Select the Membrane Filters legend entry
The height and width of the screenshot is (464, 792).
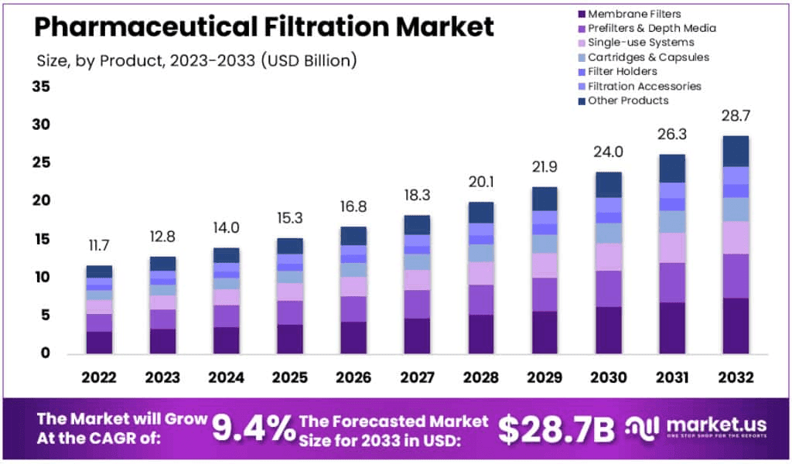point(634,14)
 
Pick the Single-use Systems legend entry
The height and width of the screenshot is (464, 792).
point(640,43)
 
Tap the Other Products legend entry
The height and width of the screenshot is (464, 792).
point(628,101)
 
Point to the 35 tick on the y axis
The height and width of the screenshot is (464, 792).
point(41,87)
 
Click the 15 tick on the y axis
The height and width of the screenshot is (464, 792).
point(41,240)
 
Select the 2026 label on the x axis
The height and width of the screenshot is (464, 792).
point(353,378)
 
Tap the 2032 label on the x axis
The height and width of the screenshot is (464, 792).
point(736,378)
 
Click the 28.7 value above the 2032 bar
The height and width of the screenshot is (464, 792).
point(736,116)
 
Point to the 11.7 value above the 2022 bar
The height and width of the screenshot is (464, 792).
point(99,246)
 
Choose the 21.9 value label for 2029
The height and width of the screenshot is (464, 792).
point(544,167)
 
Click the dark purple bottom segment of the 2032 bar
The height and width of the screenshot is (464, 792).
point(736,326)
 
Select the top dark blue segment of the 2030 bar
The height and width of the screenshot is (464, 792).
point(609,184)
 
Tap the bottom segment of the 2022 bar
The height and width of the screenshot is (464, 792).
point(99,343)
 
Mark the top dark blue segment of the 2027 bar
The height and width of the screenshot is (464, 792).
point(418,225)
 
